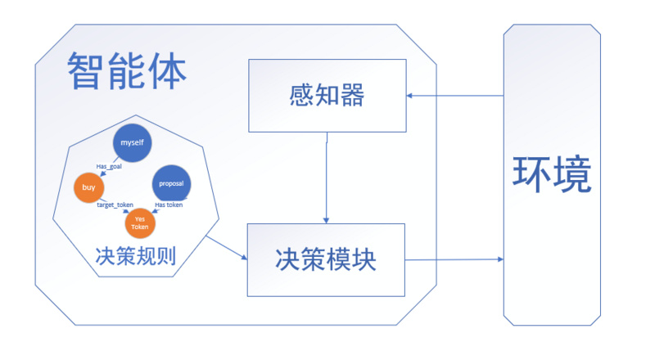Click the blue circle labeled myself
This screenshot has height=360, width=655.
[x=132, y=143]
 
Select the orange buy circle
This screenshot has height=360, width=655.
[x=88, y=187]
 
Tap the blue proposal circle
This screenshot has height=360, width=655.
[x=171, y=184]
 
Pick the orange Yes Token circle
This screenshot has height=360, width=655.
[x=140, y=223]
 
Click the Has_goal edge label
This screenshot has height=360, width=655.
[x=109, y=166]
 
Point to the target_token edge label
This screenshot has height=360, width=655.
[x=115, y=205]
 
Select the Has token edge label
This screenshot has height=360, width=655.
[x=169, y=205]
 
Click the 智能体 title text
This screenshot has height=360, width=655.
[x=127, y=71]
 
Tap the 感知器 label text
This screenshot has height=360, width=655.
[x=327, y=95]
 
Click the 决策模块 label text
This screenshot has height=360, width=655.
[x=326, y=259]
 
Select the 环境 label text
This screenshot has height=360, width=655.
[x=552, y=174]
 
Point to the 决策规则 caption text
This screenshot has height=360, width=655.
[x=136, y=255]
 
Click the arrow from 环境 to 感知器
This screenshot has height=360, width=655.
[x=455, y=96]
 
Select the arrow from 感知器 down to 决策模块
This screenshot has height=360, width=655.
[x=326, y=178]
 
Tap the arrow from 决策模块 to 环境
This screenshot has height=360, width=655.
[x=454, y=259]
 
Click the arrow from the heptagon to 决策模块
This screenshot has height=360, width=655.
[x=227, y=248]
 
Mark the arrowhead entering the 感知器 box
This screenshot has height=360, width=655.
[x=409, y=96]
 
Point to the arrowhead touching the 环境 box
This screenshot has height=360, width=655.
[x=500, y=259]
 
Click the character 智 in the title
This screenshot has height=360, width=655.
[x=86, y=71]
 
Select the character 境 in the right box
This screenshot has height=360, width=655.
[x=571, y=174]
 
